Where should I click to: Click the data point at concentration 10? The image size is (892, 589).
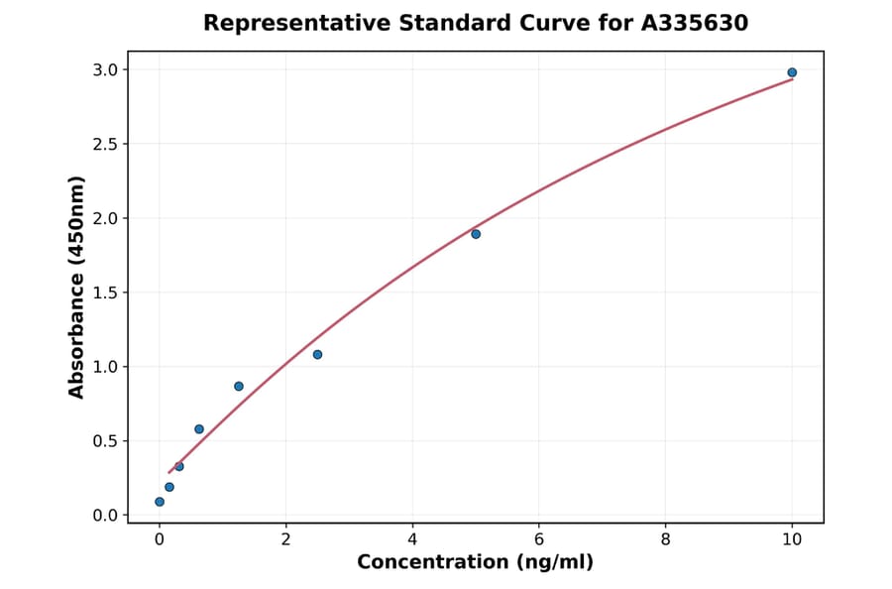[x=792, y=72]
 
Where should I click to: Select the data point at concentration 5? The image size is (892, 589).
[x=476, y=234]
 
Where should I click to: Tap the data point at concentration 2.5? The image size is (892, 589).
[x=317, y=354]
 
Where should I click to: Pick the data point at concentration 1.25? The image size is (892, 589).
[x=239, y=386]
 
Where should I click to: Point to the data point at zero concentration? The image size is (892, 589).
[x=160, y=502]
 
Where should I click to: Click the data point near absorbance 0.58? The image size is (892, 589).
[x=199, y=429]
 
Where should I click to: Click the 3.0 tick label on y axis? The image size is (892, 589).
[x=105, y=69]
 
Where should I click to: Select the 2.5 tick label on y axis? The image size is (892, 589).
[x=105, y=144]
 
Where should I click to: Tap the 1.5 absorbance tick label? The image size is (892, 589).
[x=105, y=293]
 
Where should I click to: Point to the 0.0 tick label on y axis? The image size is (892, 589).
[x=105, y=516]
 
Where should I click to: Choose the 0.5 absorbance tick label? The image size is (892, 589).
[x=105, y=441]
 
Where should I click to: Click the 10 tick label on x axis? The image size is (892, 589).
[x=792, y=539]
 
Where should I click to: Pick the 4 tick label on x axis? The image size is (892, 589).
[x=412, y=539]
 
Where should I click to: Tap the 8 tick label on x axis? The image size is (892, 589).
[x=665, y=539]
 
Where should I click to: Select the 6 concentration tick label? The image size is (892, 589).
[x=539, y=539]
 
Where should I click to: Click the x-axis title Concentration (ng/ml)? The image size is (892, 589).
[x=475, y=563]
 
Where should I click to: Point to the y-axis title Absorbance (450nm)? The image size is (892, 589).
[x=77, y=288]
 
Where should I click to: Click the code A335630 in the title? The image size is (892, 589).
[x=695, y=23]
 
